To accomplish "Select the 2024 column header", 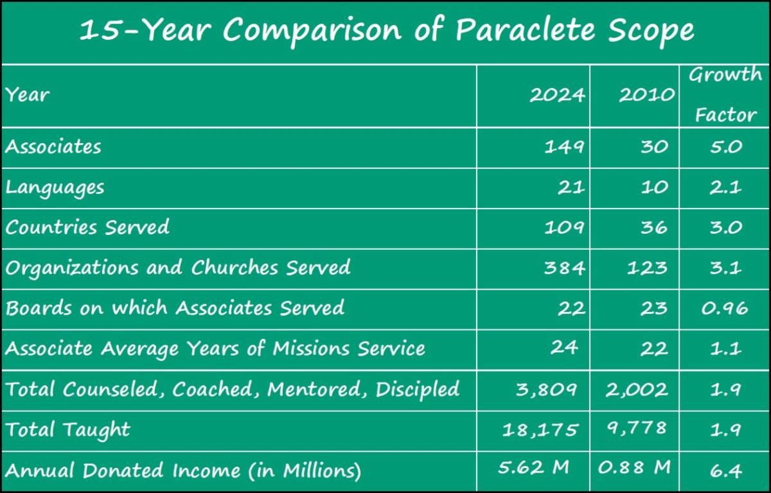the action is [557, 95].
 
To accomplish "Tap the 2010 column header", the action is [647, 95].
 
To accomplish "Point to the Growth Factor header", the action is [725, 94].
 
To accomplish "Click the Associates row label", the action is [53, 147].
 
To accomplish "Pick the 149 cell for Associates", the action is [564, 147].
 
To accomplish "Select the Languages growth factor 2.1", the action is [725, 187].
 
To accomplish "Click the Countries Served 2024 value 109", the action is [564, 228].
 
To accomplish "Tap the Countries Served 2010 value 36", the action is [654, 228].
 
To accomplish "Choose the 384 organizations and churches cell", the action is [564, 268].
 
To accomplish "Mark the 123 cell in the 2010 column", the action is [647, 268].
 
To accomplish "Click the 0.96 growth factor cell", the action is [725, 308].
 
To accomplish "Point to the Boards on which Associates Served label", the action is [175, 307].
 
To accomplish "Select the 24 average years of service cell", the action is [564, 348].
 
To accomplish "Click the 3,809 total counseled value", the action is [546, 390].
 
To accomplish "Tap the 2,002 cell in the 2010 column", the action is [637, 390].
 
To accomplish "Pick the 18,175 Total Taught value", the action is [540, 430].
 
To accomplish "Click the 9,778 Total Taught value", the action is [637, 428].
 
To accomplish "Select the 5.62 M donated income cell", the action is [533, 467].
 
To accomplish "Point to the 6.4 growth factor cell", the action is [725, 471].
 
